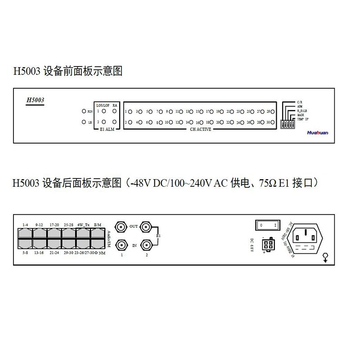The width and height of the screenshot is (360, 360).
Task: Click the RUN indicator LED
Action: click(x=84, y=111)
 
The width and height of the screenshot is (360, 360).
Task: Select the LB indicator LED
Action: click(x=84, y=122)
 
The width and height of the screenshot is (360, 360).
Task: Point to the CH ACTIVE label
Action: click(x=201, y=130)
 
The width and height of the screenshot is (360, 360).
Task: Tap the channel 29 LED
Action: click(x=274, y=111)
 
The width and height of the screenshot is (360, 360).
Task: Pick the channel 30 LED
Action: click(x=274, y=122)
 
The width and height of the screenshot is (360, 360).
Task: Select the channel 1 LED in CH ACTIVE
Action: click(x=130, y=111)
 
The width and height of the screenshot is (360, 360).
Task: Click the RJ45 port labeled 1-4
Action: click(x=25, y=233)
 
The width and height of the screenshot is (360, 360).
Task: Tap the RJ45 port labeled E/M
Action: click(x=98, y=233)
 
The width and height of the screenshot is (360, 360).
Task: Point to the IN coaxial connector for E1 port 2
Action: click(x=146, y=245)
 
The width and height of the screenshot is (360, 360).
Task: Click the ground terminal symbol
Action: click(x=325, y=257)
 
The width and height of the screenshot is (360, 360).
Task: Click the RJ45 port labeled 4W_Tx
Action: click(x=83, y=233)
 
